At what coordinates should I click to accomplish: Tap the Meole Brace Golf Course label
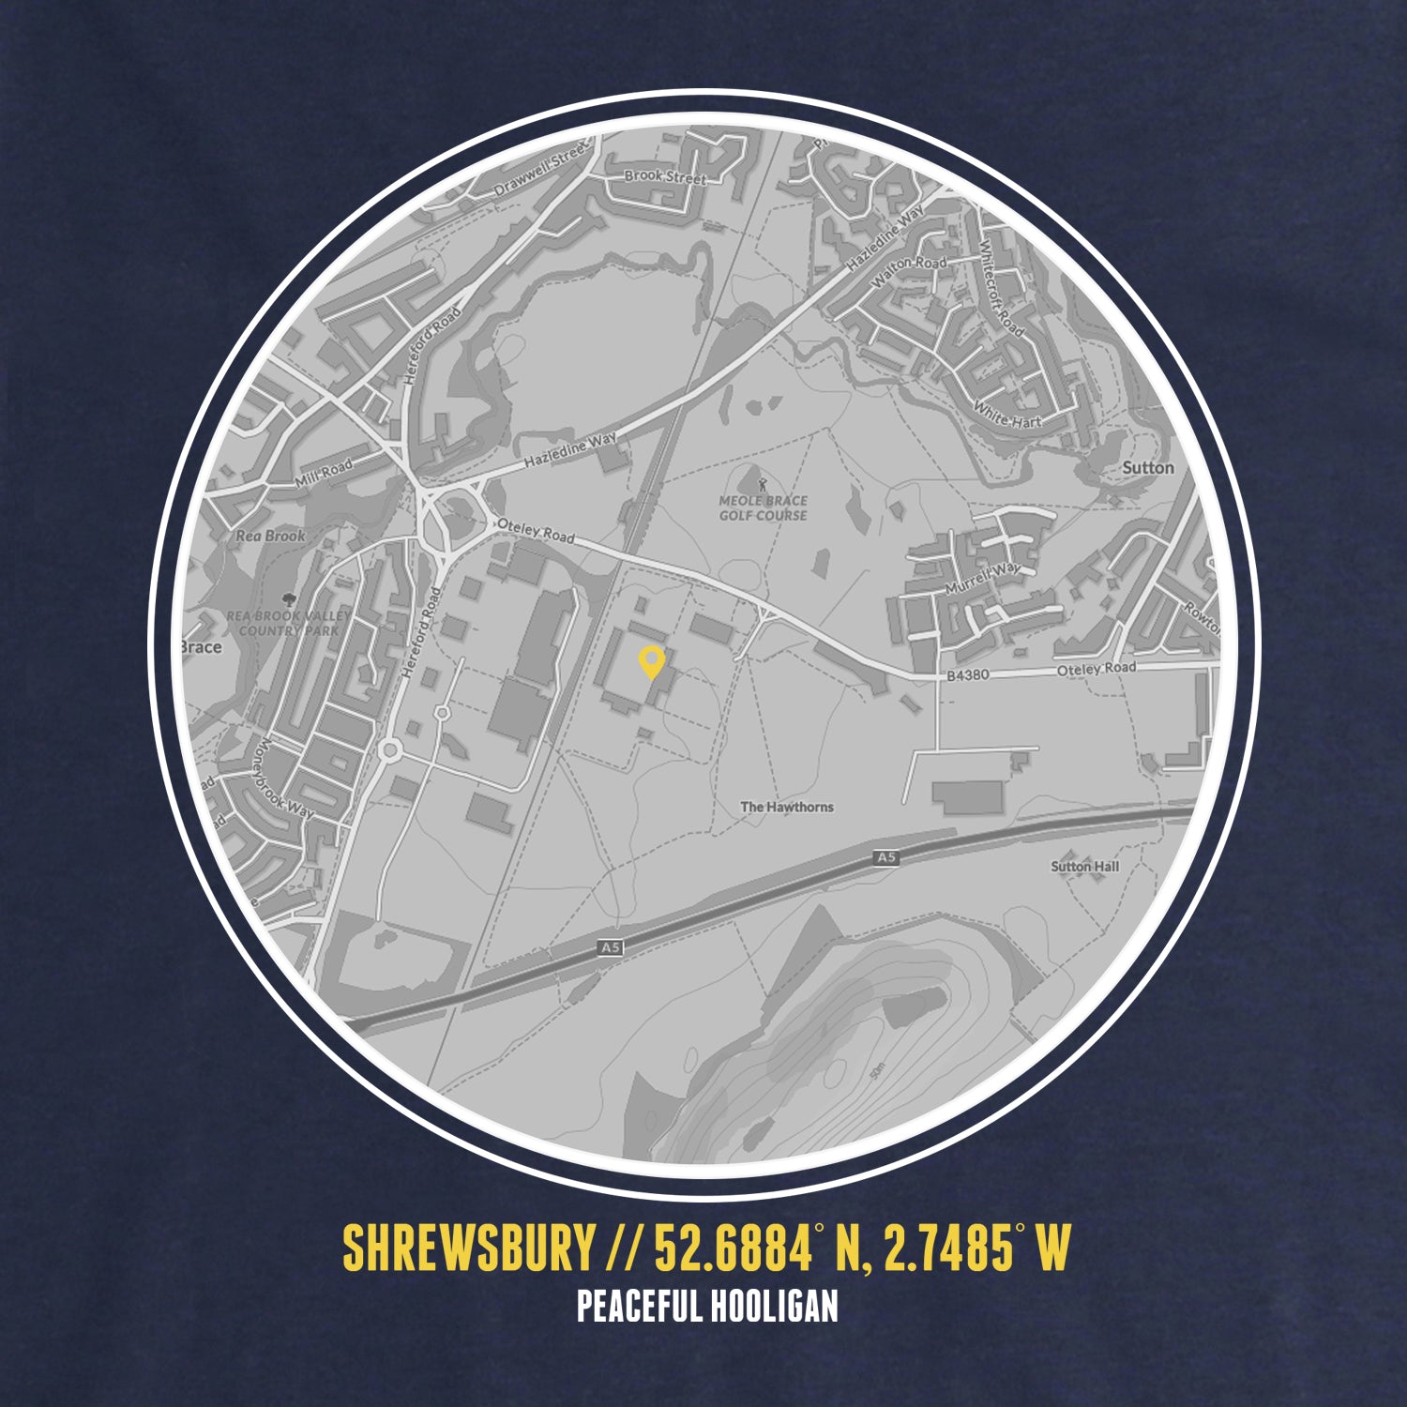(763, 508)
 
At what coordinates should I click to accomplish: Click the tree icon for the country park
(285, 597)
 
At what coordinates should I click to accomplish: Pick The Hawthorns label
(786, 807)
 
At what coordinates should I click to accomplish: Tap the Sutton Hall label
(1084, 866)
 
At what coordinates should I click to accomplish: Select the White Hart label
(1007, 415)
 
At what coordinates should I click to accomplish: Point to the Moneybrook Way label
(286, 778)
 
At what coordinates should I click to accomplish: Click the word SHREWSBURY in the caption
(468, 1248)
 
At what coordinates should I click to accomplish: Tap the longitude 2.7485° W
(976, 1248)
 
